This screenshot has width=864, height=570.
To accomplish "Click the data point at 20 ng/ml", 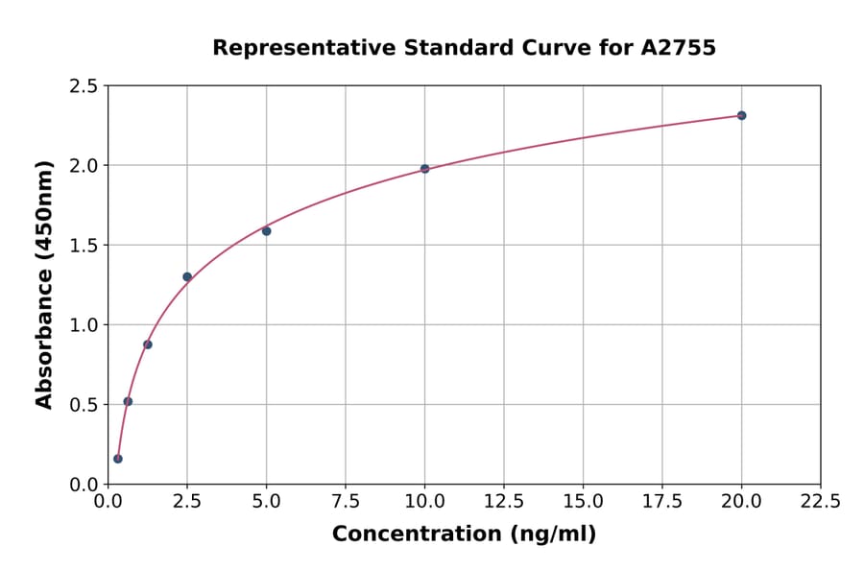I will pos(741,115).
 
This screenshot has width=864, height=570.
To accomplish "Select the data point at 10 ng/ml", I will pos(424,169).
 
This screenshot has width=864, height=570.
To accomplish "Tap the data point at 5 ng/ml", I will pos(266,231).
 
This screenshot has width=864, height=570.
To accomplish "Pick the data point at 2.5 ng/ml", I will pos(187,276).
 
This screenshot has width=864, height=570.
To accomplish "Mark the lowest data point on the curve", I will pos(118,459).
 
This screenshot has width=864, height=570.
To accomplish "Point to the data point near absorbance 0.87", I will pos(148,344).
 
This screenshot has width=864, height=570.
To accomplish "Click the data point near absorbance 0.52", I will pos(128,401).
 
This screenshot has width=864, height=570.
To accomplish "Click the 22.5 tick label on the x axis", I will pos(820,501).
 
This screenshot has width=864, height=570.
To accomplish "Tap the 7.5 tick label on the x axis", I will pos(346,501).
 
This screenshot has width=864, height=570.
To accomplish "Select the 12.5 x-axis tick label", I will pos(503,501).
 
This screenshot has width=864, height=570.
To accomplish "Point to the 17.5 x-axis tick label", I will pos(661,501).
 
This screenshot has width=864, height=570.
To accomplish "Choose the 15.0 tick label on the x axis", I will pos(583,501).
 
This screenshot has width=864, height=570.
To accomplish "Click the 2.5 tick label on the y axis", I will pos(84,86).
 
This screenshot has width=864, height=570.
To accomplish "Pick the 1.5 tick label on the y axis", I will pos(84,246).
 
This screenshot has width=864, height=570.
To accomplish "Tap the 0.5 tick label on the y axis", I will pos(84,405).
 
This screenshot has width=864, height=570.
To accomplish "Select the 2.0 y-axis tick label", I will pos(84,166).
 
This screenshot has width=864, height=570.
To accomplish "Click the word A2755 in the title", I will pos(678,48).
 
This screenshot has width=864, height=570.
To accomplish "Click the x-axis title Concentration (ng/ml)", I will pos(464,534).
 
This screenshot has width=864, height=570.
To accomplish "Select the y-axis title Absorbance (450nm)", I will pos(44,284).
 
